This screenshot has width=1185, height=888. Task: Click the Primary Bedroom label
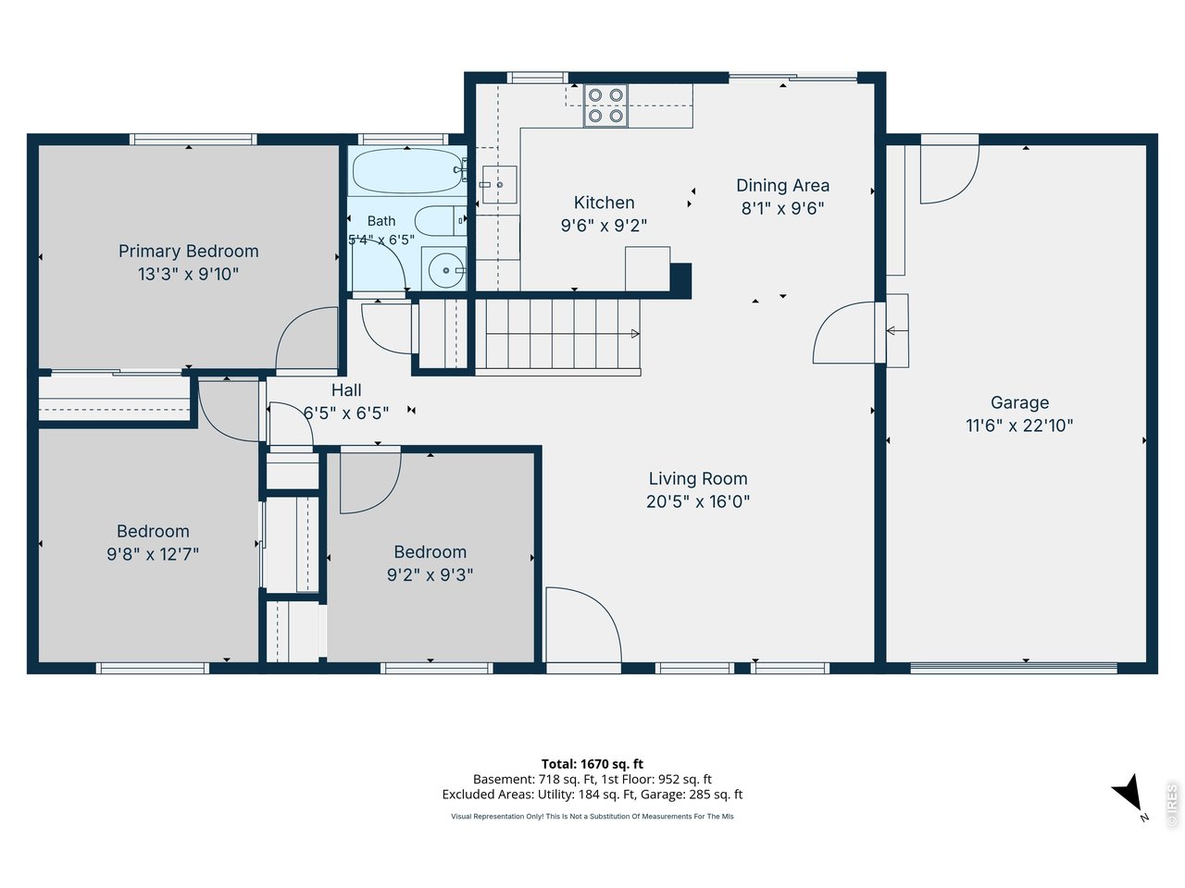pyautogui.click(x=189, y=252)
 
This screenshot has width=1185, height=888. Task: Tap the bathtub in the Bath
pyautogui.click(x=408, y=171)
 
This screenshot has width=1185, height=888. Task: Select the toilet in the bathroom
pyautogui.click(x=441, y=220)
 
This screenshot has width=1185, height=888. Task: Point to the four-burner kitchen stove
pyautogui.click(x=605, y=105)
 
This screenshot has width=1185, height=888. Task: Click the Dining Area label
pyautogui.click(x=783, y=186)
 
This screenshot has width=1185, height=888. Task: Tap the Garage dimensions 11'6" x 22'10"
pyautogui.click(x=1019, y=425)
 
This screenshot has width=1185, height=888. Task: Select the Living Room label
pyautogui.click(x=698, y=479)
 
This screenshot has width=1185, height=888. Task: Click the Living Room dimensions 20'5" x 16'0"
pyautogui.click(x=698, y=502)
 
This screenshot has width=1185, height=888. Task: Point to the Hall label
pyautogui.click(x=346, y=390)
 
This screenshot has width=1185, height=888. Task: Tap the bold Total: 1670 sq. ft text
pyautogui.click(x=592, y=764)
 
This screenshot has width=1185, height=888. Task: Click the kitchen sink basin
pyautogui.click(x=499, y=184)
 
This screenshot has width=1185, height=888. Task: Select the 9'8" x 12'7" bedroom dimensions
pyautogui.click(x=153, y=554)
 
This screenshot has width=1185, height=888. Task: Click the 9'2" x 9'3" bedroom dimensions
pyautogui.click(x=430, y=574)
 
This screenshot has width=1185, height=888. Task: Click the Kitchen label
pyautogui.click(x=605, y=203)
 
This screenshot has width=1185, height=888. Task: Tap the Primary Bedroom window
pyautogui.click(x=193, y=139)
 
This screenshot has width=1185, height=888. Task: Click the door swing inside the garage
pyautogui.click(x=950, y=174)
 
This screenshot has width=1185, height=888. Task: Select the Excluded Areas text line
pyautogui.click(x=592, y=795)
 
